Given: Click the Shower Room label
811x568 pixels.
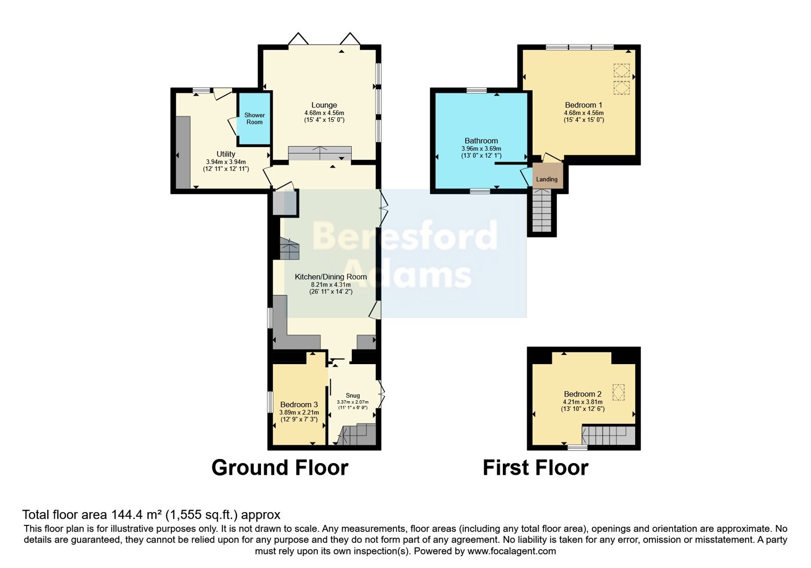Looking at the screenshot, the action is (x=254, y=119).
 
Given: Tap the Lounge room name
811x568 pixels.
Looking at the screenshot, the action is (x=324, y=105).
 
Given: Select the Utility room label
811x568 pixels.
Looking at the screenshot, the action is (x=226, y=154).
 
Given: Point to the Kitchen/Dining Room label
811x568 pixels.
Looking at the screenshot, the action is (x=330, y=277).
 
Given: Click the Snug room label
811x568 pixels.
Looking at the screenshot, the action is (x=353, y=395).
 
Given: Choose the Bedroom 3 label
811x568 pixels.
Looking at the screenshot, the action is (x=299, y=404).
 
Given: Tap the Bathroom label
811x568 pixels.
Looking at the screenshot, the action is (x=481, y=140).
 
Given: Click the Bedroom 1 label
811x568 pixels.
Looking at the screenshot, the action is (x=583, y=105).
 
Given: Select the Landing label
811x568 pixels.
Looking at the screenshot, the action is (x=547, y=180).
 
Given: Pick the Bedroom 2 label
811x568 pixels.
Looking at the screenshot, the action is (x=582, y=394).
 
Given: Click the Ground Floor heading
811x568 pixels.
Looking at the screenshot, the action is (x=280, y=468).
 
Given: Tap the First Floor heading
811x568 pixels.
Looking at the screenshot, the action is (x=535, y=468).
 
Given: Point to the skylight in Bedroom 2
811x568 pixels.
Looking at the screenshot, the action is (x=618, y=392).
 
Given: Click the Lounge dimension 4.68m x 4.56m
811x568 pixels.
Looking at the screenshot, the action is (x=324, y=113).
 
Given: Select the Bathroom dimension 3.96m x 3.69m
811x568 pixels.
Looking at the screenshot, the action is (x=481, y=149).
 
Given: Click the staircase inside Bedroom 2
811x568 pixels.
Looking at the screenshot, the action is (x=608, y=436).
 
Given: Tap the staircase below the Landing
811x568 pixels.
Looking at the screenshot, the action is (x=542, y=210).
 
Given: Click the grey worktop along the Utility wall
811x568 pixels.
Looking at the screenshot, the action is (x=183, y=152).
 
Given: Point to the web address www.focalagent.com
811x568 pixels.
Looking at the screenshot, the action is (x=511, y=551).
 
